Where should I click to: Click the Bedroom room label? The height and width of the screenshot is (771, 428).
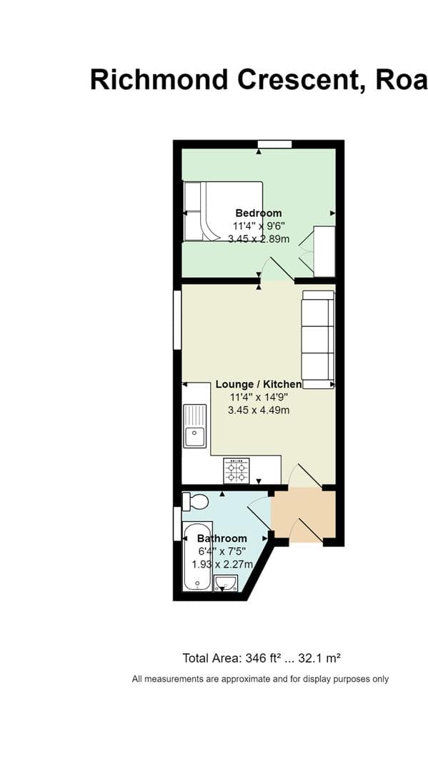[x=258, y=213]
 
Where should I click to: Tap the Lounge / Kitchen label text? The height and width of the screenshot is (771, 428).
[x=258, y=384]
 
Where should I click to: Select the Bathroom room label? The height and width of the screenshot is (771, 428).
[x=222, y=538]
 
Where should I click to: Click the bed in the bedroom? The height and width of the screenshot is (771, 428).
[x=222, y=211]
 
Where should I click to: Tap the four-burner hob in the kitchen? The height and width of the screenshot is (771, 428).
[x=237, y=470]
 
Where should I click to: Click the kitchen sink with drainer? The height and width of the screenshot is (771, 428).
[x=194, y=425]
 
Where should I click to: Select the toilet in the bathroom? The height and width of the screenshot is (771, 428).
[x=194, y=501]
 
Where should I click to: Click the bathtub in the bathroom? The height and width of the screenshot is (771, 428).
[x=196, y=557]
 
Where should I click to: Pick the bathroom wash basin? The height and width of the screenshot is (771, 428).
[x=226, y=583]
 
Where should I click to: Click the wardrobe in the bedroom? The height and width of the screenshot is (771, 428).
[x=324, y=251]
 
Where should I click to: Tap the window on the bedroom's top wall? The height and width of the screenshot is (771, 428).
[x=274, y=144]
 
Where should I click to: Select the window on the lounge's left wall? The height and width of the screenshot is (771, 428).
[x=177, y=320]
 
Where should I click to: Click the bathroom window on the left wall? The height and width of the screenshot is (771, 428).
[x=177, y=523]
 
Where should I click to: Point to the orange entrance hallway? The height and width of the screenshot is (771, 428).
[x=304, y=515]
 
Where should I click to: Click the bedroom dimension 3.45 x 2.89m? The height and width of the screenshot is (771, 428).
[x=258, y=239]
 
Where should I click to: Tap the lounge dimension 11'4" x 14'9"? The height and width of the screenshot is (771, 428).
[x=258, y=397]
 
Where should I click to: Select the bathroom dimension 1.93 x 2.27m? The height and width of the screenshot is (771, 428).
[x=222, y=564]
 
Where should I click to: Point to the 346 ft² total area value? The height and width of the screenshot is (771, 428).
[x=259, y=657]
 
